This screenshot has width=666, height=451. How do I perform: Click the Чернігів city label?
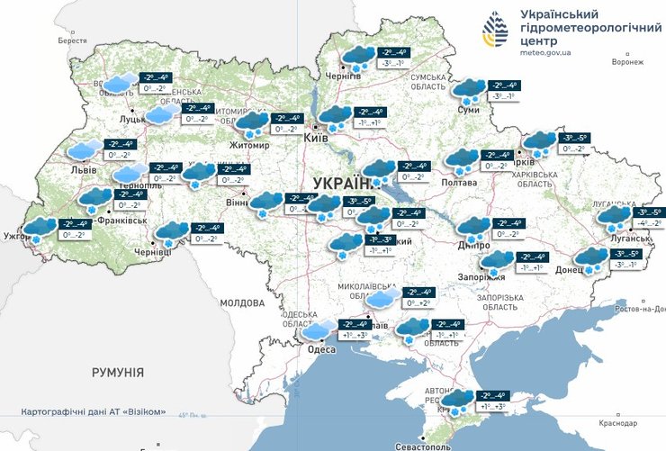click(x=342, y=77)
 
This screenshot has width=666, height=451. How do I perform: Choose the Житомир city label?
click(x=249, y=142)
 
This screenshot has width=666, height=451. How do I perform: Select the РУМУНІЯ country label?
click(x=118, y=371)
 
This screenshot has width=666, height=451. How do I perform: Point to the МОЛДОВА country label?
click(x=240, y=302)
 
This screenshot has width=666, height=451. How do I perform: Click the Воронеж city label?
click(x=627, y=61)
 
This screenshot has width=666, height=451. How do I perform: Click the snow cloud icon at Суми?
click(x=468, y=89)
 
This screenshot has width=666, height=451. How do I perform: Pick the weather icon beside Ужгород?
click(x=40, y=229)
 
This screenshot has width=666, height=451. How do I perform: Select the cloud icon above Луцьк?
click(x=117, y=83)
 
